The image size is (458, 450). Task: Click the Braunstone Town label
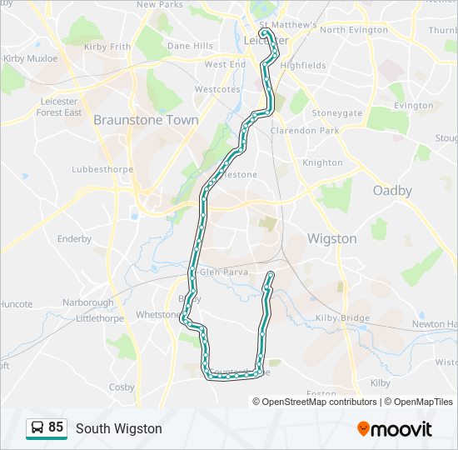(146, 119)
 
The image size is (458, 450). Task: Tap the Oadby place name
(392, 190)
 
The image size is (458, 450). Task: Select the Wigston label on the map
(331, 238)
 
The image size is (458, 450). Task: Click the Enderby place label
(74, 238)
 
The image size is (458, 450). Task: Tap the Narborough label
(87, 302)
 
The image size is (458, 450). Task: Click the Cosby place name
(122, 387)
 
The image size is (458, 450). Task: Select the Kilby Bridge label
(343, 318)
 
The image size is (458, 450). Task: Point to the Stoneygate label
(336, 112)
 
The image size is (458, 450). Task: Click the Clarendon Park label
(305, 131)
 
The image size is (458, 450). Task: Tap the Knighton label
(322, 162)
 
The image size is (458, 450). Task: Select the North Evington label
(355, 29)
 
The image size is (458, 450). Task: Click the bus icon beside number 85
(37, 428)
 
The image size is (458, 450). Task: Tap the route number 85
(56, 427)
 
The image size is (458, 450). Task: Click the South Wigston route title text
(118, 428)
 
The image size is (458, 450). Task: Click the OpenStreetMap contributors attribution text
(319, 402)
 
